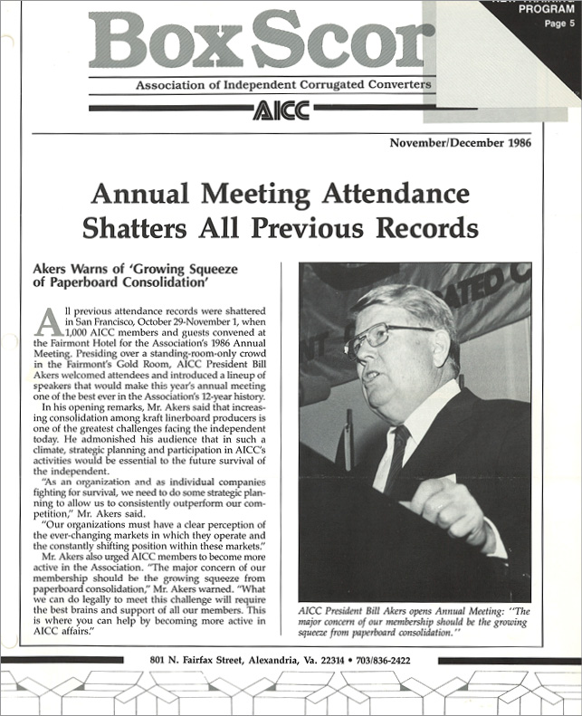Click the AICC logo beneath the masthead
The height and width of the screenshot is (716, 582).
click(x=281, y=110)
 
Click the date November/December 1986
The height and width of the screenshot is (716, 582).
click(x=461, y=142)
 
